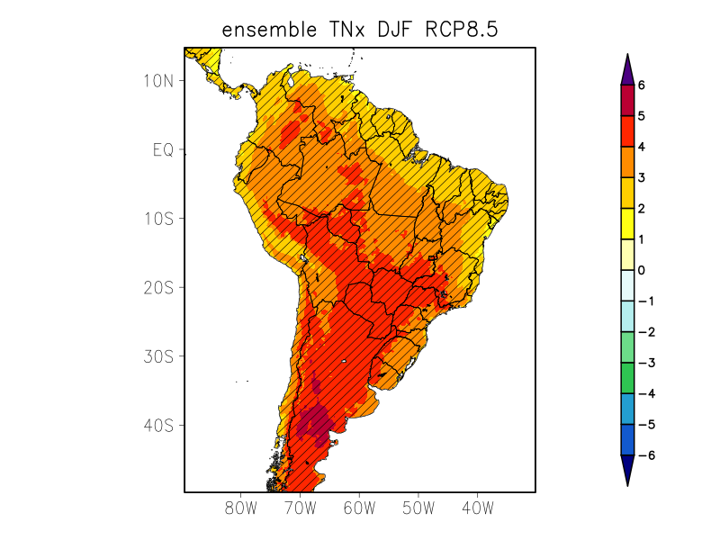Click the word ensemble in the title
coord(266,31)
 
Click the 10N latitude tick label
coord(158,81)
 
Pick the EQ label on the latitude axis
coord(162,149)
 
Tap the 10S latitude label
coord(158,219)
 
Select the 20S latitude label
coord(158,287)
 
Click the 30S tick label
coord(158,356)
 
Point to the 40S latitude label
coord(158,425)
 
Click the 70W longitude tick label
coord(300,508)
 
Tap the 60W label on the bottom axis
coord(359,508)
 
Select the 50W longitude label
coord(418,508)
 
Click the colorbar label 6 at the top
coord(642,85)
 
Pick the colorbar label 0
coord(642,270)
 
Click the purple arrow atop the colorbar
coord(628,68)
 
